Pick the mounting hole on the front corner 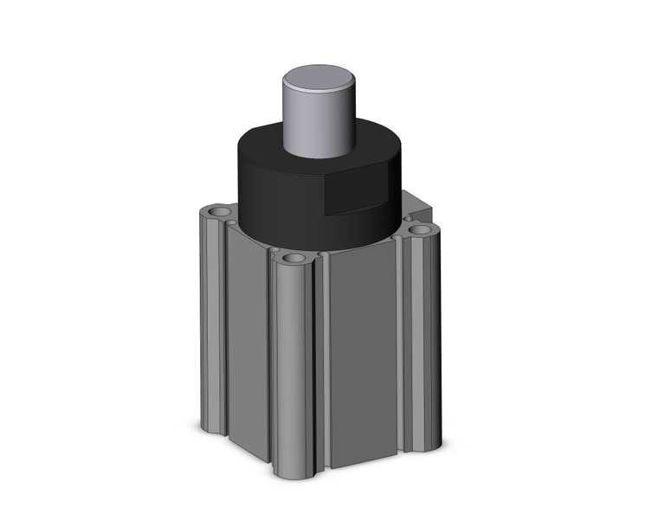click(x=294, y=259)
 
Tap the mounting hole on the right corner click(x=422, y=230)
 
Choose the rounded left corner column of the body click(x=212, y=320)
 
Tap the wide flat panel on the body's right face click(x=364, y=355)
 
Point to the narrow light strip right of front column click(x=322, y=363)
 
